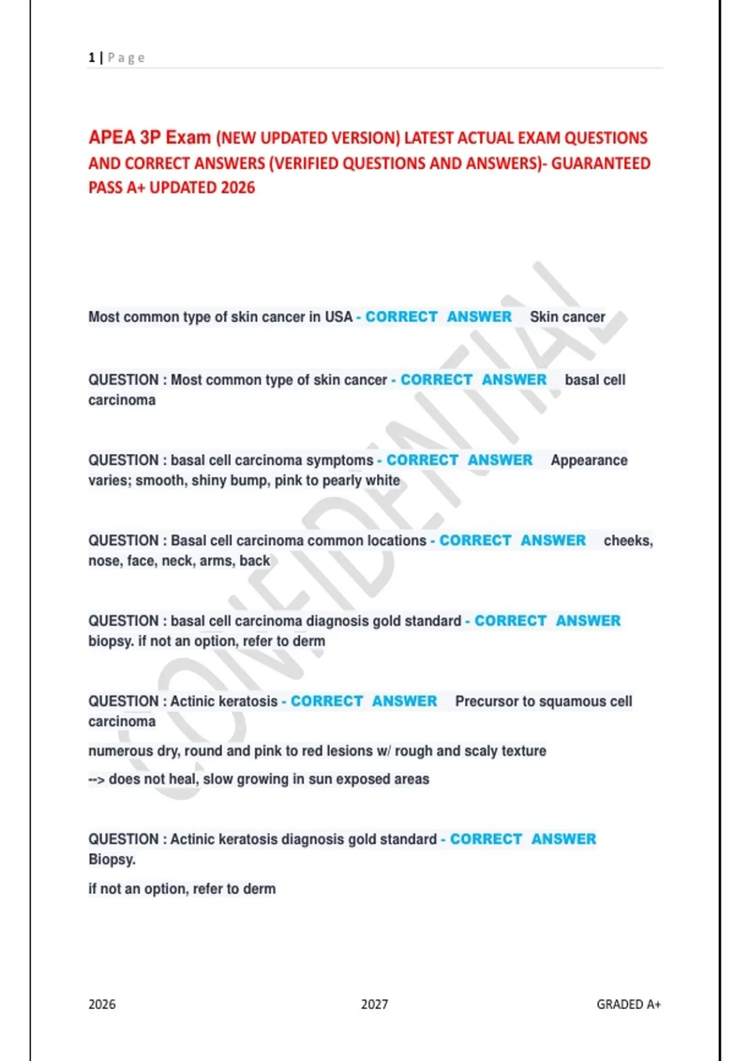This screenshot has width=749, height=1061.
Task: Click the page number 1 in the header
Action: pos(92,58)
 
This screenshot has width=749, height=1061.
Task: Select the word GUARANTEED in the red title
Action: pos(600,164)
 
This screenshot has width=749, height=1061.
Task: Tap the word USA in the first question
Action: pos(338,317)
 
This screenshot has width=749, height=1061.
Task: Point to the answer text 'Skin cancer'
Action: pos(567,317)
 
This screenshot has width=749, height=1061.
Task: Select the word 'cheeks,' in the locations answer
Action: pos(628,540)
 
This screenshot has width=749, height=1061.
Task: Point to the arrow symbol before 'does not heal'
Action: pos(97,780)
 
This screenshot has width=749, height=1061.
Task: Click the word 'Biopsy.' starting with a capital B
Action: pos(112,860)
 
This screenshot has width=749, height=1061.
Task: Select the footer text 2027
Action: pos(374,1004)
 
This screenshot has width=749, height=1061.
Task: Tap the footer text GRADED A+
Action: pos(629,1004)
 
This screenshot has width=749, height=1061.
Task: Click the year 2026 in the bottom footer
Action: pos(102,1004)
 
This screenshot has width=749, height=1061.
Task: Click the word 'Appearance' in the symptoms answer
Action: pos(589,461)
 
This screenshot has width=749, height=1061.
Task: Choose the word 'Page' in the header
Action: pos(126,58)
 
